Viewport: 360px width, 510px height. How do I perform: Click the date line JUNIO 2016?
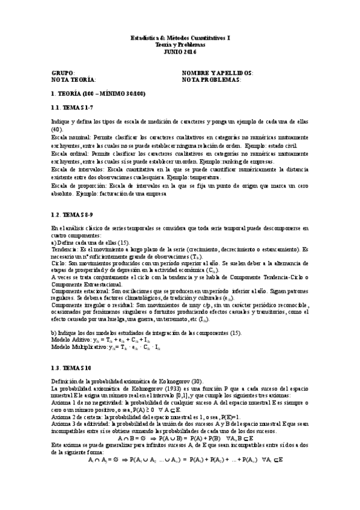(x=180, y=52)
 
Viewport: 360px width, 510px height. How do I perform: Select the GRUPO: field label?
(x=63, y=72)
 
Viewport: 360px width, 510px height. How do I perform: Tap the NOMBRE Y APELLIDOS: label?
(x=217, y=72)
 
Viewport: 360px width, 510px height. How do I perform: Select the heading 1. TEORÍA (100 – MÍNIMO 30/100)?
(x=97, y=94)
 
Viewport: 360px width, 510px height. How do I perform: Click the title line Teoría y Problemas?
(x=180, y=45)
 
